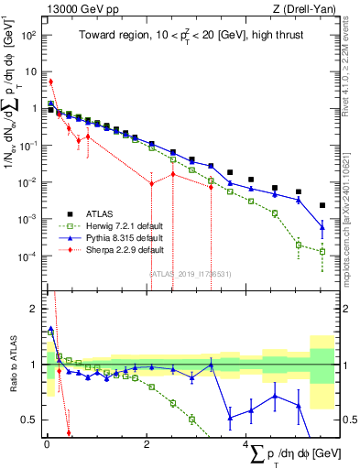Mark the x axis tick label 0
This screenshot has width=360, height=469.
[x=46, y=444]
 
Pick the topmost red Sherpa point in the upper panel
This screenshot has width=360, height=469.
[x=51, y=82]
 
